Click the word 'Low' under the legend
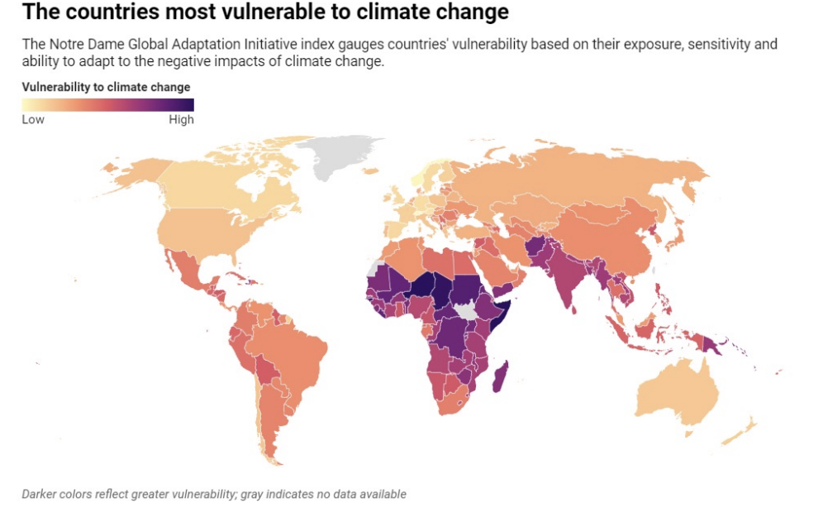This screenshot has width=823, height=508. coord(33,119)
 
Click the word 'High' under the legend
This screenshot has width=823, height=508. coord(181,119)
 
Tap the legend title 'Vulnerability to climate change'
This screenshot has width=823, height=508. coord(106,87)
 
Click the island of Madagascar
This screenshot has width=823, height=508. coord(499,377)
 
